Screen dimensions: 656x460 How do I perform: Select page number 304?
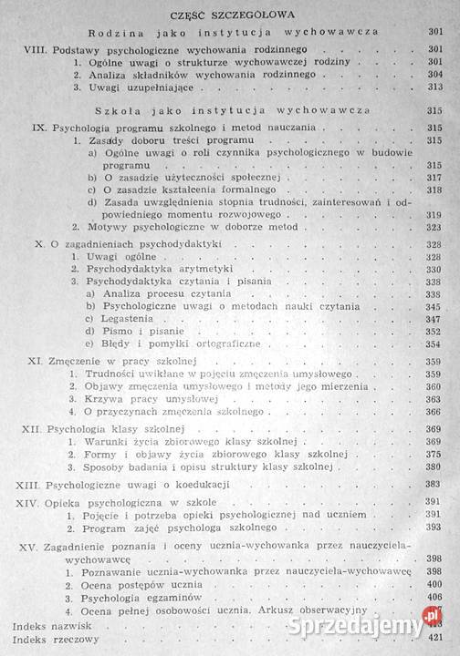click(x=434, y=72)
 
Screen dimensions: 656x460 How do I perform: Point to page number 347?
click(x=434, y=319)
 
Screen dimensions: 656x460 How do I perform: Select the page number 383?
click(x=435, y=483)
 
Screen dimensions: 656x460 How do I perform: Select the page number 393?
click(x=435, y=528)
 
